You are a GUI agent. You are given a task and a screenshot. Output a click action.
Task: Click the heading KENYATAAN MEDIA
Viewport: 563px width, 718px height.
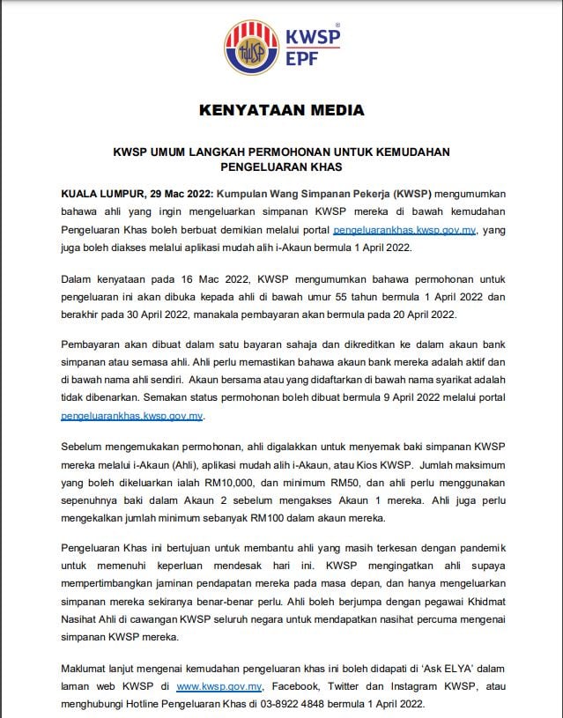point(282,110)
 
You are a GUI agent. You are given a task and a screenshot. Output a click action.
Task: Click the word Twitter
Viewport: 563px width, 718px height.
point(356,685)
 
